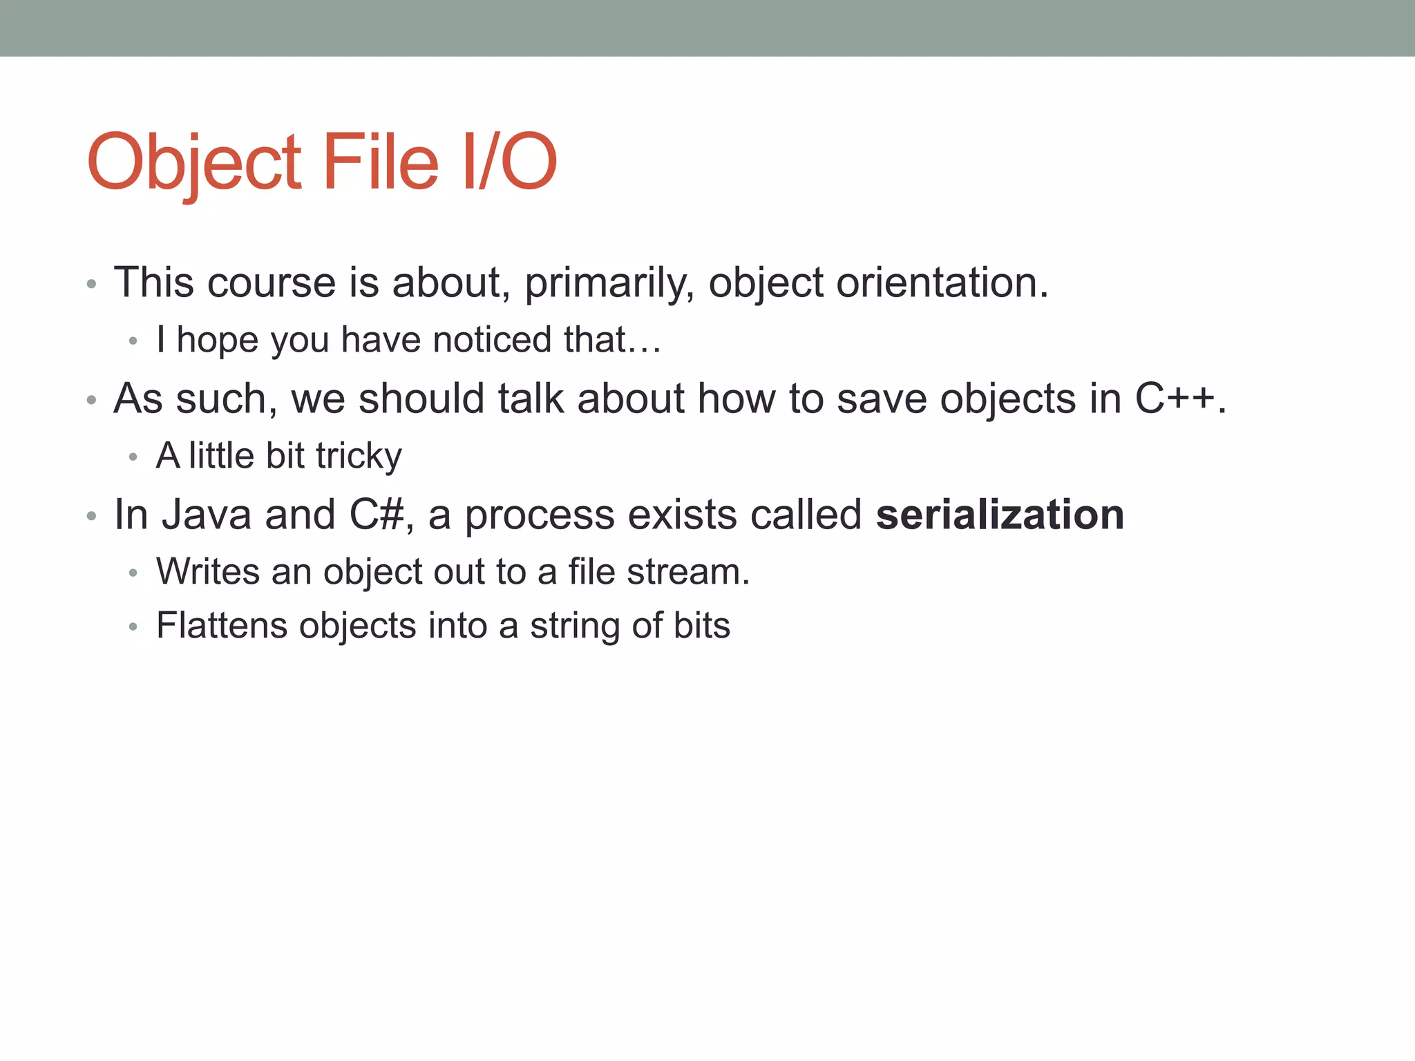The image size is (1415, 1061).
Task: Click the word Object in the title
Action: [194, 163]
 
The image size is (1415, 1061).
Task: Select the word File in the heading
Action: [380, 162]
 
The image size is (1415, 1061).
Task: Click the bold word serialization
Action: [999, 515]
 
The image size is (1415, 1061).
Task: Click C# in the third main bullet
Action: [377, 515]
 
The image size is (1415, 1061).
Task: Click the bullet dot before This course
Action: [91, 285]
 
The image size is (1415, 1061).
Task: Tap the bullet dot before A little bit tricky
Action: [133, 457]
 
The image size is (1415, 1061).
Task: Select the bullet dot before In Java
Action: [91, 517]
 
